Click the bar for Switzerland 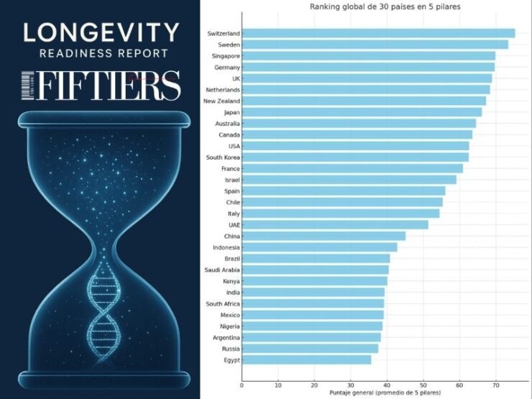pyautogui.click(x=378, y=33)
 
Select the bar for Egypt pyautogui.click(x=306, y=359)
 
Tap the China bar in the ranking pyautogui.click(x=324, y=236)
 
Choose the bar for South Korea pyautogui.click(x=355, y=157)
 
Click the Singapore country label pyautogui.click(x=226, y=55)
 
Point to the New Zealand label pyautogui.click(x=221, y=101)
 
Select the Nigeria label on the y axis pyautogui.click(x=229, y=326)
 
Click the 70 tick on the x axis pyautogui.click(x=495, y=385)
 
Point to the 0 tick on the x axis pyautogui.click(x=242, y=385)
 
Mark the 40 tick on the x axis pyautogui.click(x=387, y=385)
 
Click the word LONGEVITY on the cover pyautogui.click(x=100, y=32)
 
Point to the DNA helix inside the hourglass pyautogui.click(x=101, y=309)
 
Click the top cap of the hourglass pyautogui.click(x=100, y=116)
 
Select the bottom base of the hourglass pyautogui.click(x=100, y=378)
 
